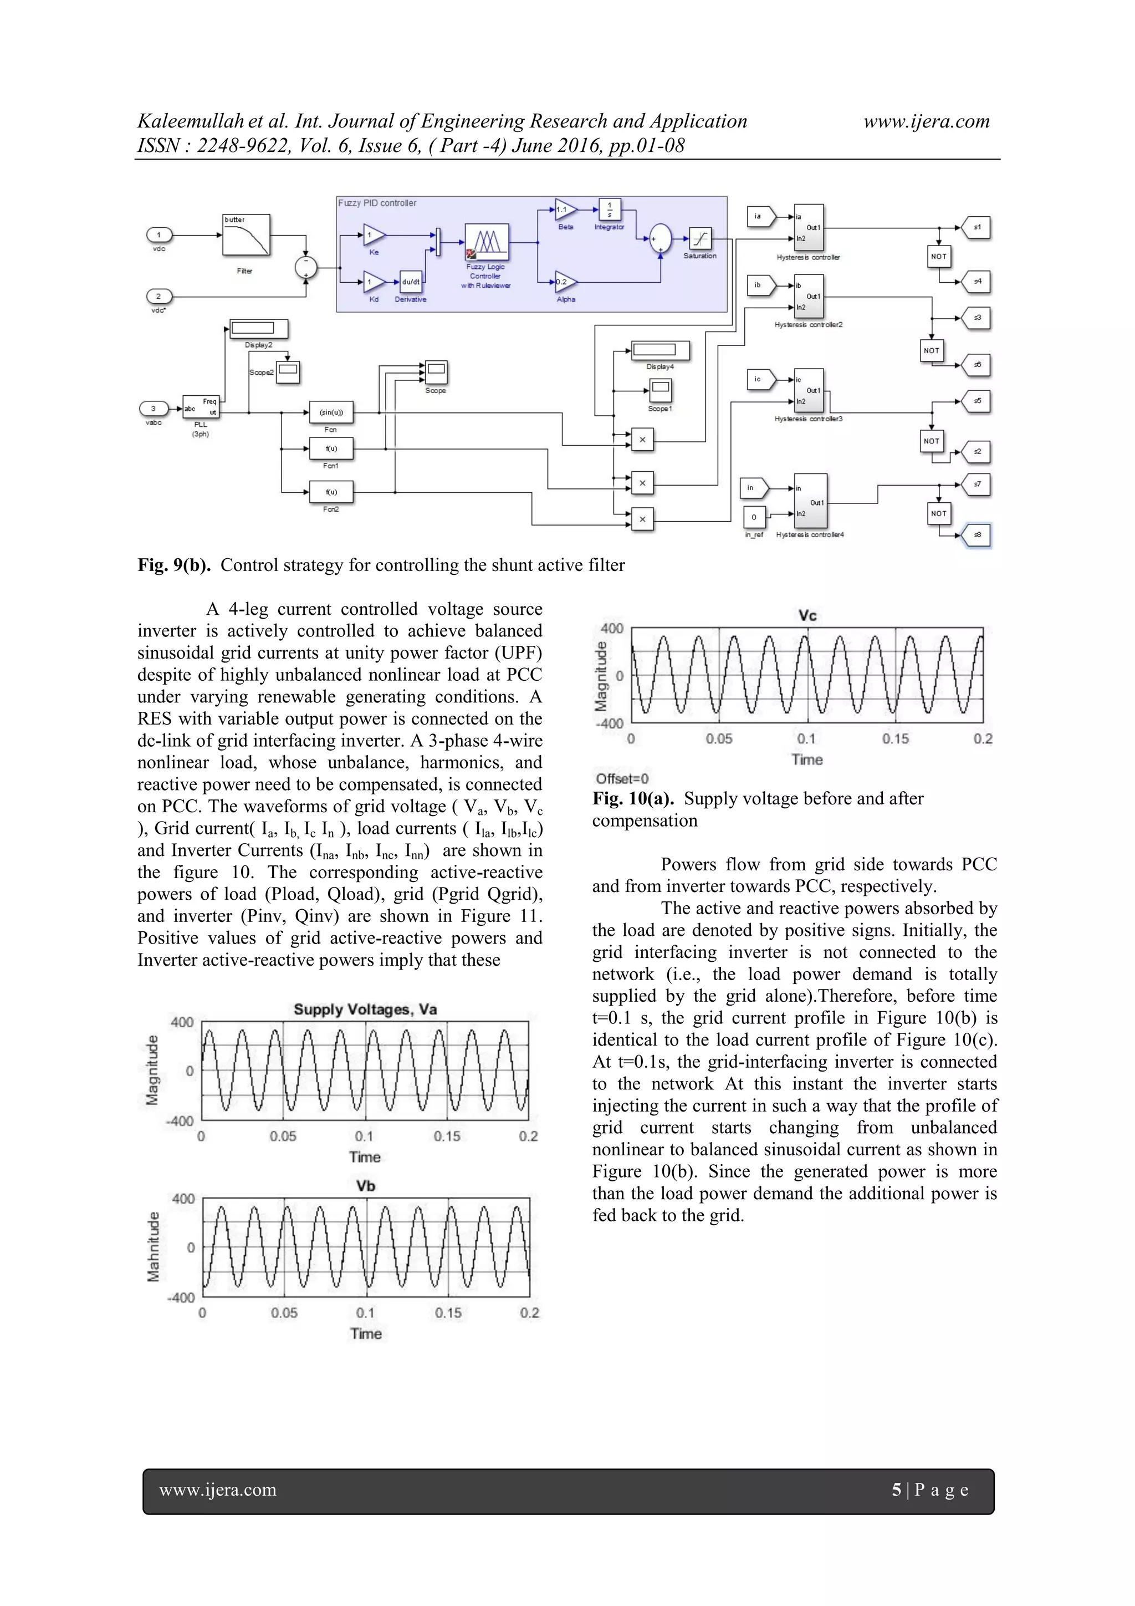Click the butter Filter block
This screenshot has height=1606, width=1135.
click(246, 235)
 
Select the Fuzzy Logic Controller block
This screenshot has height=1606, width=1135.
click(487, 242)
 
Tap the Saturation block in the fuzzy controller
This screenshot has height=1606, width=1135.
click(700, 239)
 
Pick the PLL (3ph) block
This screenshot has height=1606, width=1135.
click(201, 406)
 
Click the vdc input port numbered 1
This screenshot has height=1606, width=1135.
click(159, 234)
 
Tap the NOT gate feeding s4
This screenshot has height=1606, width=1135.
click(938, 256)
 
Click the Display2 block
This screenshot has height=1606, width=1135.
click(258, 328)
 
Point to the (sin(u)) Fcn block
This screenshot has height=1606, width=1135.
click(331, 412)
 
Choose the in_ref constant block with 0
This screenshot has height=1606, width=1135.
click(754, 518)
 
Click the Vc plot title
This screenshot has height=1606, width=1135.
click(807, 615)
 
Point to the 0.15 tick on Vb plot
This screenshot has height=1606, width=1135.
click(448, 1312)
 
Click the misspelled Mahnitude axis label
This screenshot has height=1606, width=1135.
click(153, 1247)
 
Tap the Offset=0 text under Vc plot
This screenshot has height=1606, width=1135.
click(622, 778)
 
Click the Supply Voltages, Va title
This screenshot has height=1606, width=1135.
click(365, 1010)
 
